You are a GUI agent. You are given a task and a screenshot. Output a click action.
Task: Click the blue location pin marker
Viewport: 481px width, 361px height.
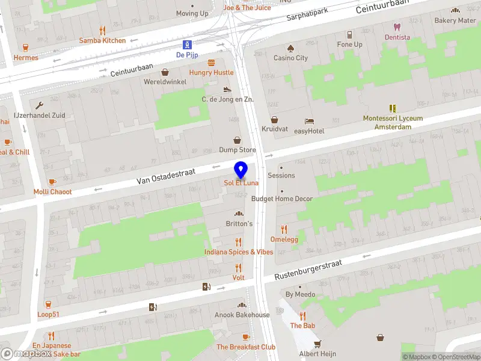pyautogui.click(x=241, y=170)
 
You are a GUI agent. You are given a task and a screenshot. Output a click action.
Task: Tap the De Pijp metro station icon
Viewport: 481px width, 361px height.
pyautogui.click(x=188, y=44)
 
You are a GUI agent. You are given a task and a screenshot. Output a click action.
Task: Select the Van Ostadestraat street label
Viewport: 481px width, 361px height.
pyautogui.click(x=166, y=176)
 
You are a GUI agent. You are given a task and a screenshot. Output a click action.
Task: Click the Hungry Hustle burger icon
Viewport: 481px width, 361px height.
pyautogui.click(x=211, y=63)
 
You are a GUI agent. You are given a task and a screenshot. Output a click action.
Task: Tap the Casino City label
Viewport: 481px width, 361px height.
pyautogui.click(x=290, y=58)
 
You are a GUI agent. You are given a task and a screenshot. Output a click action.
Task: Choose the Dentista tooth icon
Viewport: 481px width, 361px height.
pyautogui.click(x=397, y=26)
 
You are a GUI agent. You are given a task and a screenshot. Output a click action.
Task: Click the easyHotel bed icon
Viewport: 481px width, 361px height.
pyautogui.click(x=309, y=121)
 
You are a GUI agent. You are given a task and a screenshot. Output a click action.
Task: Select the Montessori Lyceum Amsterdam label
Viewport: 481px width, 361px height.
pyautogui.click(x=393, y=123)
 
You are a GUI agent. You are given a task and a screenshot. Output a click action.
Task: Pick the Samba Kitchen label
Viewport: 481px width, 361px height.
pyautogui.click(x=102, y=40)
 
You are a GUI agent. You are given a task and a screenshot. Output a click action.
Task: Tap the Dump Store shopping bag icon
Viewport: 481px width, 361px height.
pyautogui.click(x=237, y=140)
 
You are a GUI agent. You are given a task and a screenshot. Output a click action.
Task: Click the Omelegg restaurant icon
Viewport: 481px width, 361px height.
pyautogui.click(x=284, y=229)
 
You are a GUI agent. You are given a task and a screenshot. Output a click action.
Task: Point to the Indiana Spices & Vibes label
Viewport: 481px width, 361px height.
pyautogui.click(x=238, y=252)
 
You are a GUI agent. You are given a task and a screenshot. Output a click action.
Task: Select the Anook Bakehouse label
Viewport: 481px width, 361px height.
pyautogui.click(x=242, y=315)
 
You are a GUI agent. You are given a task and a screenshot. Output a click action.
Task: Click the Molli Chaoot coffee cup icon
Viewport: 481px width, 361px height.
pyautogui.click(x=52, y=182)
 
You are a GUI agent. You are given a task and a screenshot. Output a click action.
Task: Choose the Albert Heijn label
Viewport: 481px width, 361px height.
pyautogui.click(x=317, y=354)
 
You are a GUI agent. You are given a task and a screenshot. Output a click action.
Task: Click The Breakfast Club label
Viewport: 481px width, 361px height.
pyautogui.click(x=246, y=347)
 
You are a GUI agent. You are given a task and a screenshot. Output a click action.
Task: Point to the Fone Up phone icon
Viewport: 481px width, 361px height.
pyautogui.click(x=349, y=34)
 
